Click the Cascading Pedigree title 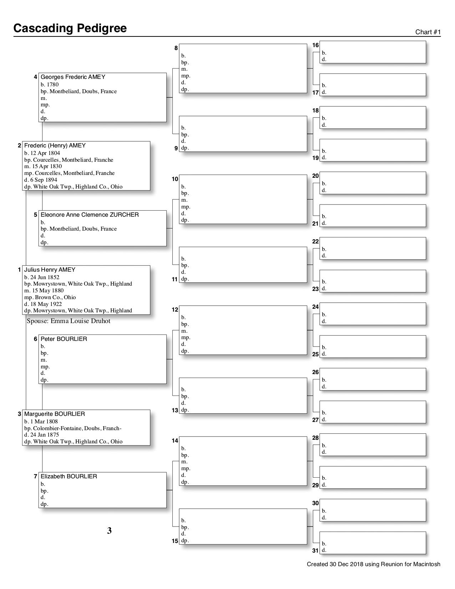click(x=70, y=28)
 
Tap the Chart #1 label click(x=428, y=32)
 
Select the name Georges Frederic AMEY click(x=73, y=77)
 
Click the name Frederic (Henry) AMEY click(x=55, y=146)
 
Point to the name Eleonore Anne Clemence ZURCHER click(x=90, y=215)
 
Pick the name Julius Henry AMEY click(x=50, y=270)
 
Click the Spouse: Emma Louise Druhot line click(x=69, y=321)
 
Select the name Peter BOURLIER click(x=64, y=339)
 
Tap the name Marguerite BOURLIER click(x=54, y=414)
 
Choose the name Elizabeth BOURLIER click(x=69, y=477)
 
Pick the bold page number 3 click(x=109, y=531)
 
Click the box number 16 click(x=315, y=45)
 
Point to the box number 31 click(x=315, y=550)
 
